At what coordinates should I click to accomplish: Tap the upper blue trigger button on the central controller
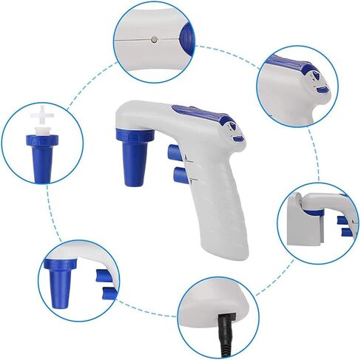[x=174, y=152]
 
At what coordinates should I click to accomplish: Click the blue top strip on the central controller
[x=203, y=115]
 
